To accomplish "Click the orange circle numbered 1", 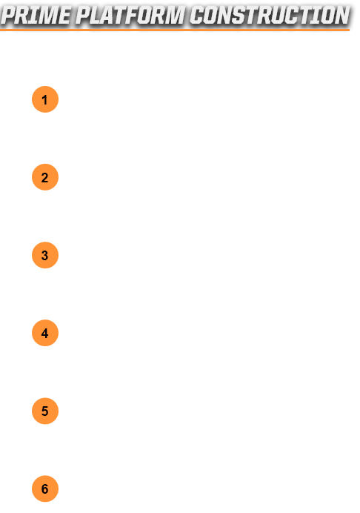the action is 45,99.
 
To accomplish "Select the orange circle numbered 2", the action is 45,177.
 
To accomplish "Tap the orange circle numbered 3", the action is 45,255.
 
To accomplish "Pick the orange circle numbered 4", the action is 45,333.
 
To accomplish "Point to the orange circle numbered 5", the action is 45,411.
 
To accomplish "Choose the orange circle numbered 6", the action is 45,489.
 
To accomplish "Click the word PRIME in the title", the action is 36,15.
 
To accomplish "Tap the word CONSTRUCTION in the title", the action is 270,15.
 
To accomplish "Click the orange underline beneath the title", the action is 175,30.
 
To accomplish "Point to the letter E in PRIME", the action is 64,15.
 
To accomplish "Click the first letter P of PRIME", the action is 9,15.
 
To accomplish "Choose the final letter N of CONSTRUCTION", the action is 341,15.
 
